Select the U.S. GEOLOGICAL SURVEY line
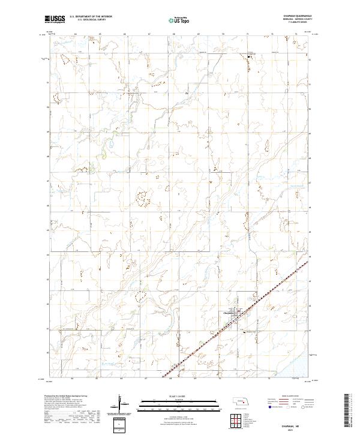pos(91,20)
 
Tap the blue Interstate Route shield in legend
pos(265,408)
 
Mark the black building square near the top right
pos(250,57)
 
